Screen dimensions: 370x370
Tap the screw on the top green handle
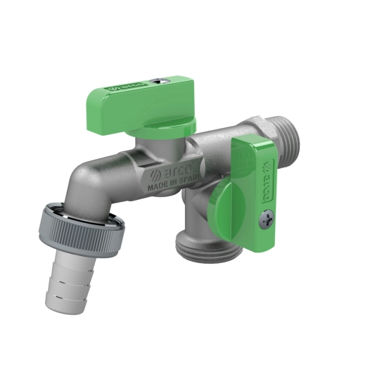point(159,81)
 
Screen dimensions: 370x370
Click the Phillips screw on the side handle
point(267,219)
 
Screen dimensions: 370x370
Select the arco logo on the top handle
point(126,87)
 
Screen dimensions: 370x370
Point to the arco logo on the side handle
point(267,181)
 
